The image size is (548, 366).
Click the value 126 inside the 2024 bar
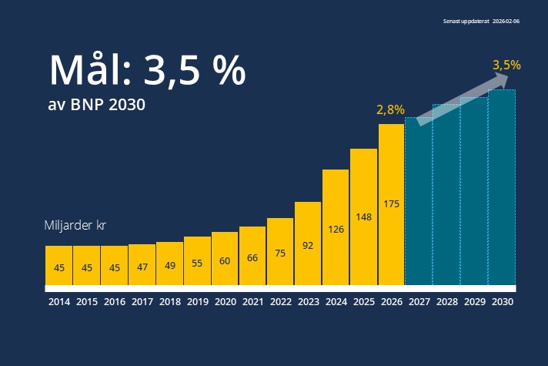336,229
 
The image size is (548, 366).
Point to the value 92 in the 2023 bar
308,247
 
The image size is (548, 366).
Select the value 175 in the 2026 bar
391,204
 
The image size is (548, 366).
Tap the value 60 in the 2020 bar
225,261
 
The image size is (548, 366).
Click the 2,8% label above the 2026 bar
390,110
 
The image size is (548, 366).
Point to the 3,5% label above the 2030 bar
506,65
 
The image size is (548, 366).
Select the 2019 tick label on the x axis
197,303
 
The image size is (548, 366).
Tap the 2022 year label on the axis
280,303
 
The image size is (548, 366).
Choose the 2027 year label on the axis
419,303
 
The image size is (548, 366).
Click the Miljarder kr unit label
74,226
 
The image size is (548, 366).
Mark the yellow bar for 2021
252,255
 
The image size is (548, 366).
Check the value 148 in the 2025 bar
363,217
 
